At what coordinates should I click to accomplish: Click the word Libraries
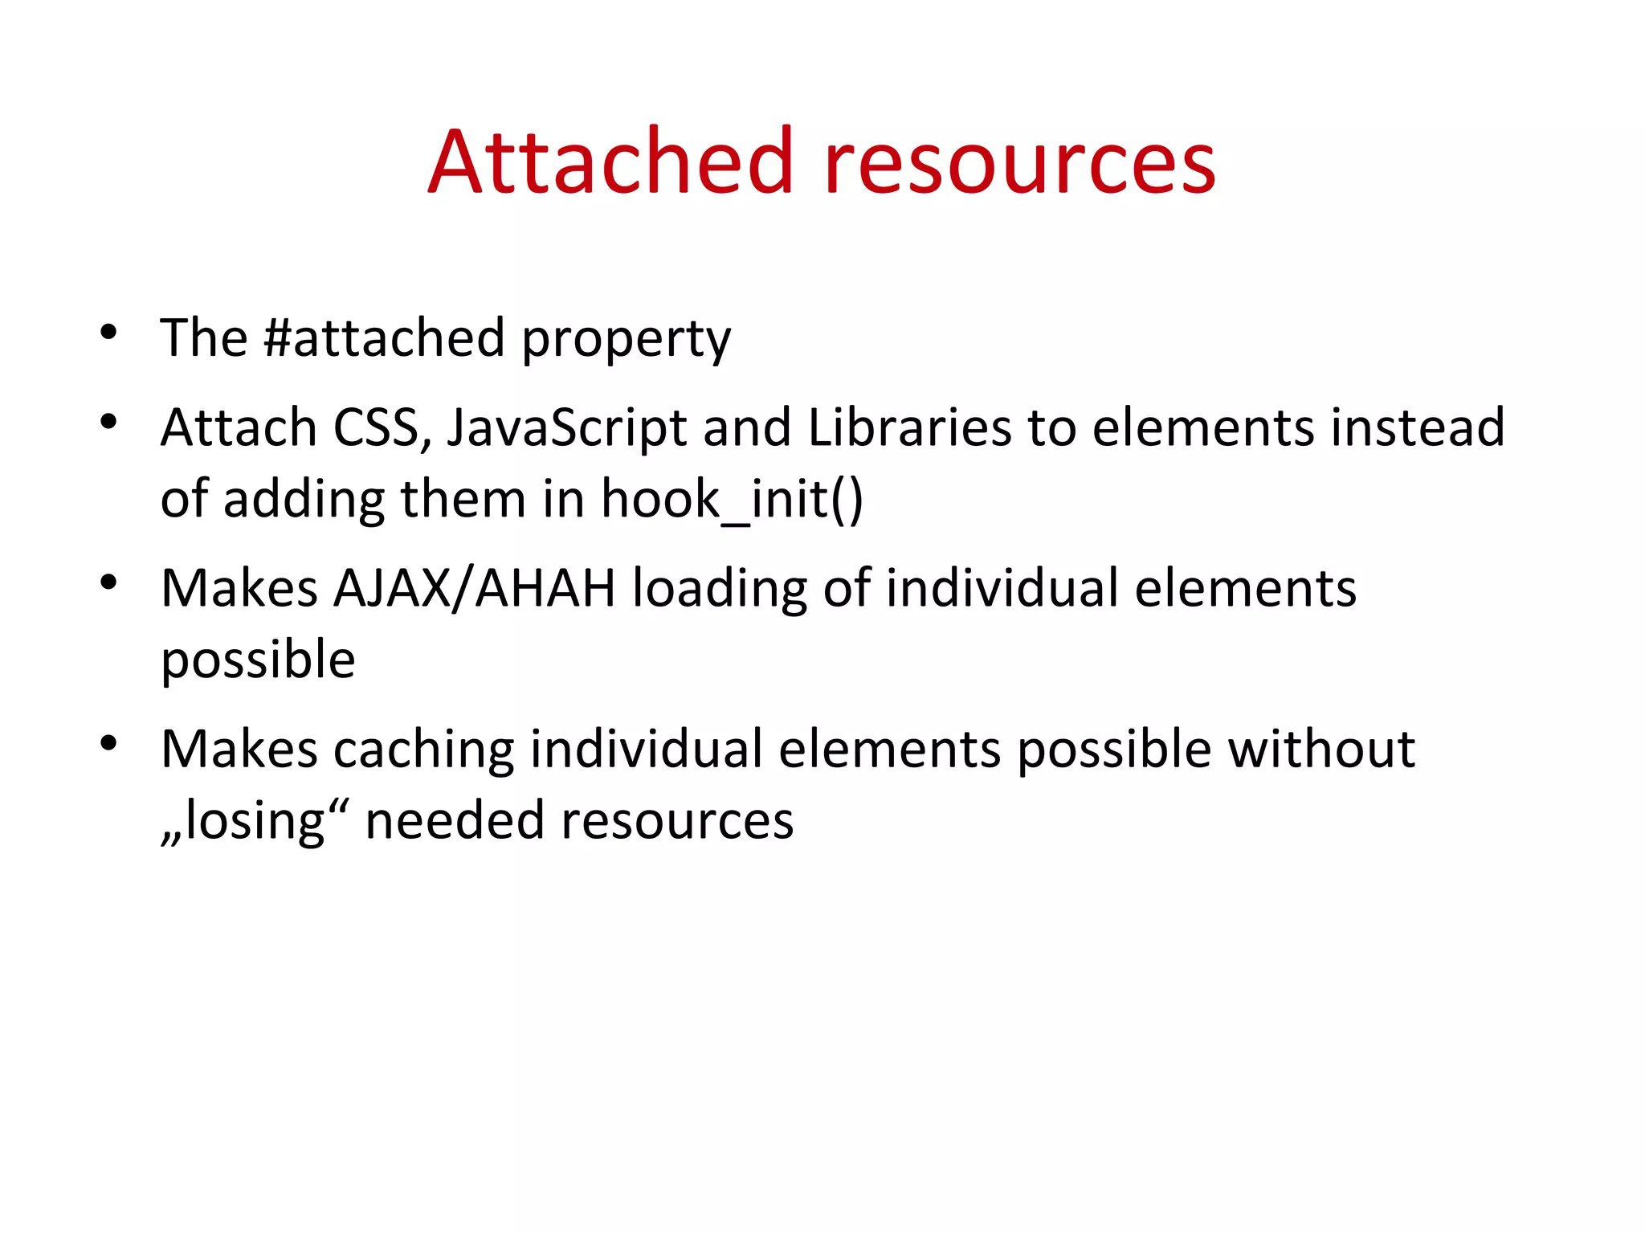point(909,427)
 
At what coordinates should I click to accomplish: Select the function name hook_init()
point(732,500)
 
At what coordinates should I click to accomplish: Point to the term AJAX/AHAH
point(474,589)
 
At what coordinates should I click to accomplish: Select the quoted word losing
point(255,822)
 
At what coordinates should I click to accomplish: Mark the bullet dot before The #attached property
point(109,332)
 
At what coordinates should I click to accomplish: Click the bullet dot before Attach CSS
point(109,421)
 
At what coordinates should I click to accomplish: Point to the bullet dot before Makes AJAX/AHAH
point(109,582)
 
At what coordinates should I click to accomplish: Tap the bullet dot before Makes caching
point(109,743)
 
